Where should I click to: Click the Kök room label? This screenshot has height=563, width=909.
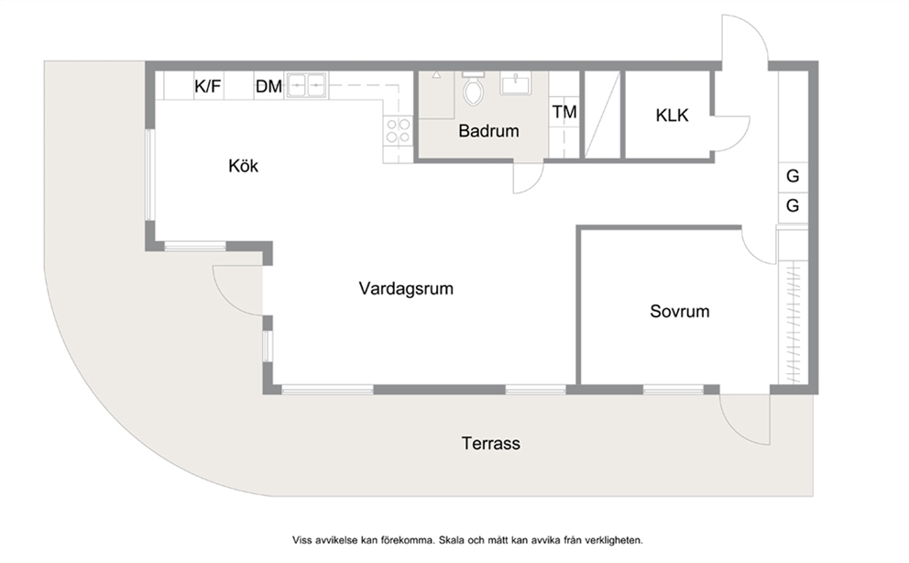click(x=243, y=166)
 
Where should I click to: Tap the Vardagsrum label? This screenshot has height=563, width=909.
click(x=406, y=288)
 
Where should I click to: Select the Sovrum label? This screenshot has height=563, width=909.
click(x=679, y=311)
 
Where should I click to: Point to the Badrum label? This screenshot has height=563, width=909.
click(x=488, y=130)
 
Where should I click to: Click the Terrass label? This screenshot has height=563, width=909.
click(x=491, y=443)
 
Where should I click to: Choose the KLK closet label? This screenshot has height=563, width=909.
click(x=672, y=115)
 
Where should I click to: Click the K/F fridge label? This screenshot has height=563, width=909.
click(x=207, y=86)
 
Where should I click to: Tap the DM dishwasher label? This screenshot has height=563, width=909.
click(x=268, y=86)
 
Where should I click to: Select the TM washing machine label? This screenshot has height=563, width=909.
click(x=564, y=111)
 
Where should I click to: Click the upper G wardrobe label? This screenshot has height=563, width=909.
click(x=793, y=175)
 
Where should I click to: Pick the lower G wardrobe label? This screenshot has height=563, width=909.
click(x=793, y=205)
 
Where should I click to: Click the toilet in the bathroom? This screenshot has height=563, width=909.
click(x=473, y=88)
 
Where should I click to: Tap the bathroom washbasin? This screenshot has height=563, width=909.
click(x=515, y=83)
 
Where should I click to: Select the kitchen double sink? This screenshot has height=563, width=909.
click(x=306, y=86)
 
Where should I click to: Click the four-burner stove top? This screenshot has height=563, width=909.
click(x=398, y=130)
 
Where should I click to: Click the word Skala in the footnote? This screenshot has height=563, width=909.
click(x=451, y=540)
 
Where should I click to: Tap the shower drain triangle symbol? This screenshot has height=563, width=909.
click(x=436, y=75)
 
